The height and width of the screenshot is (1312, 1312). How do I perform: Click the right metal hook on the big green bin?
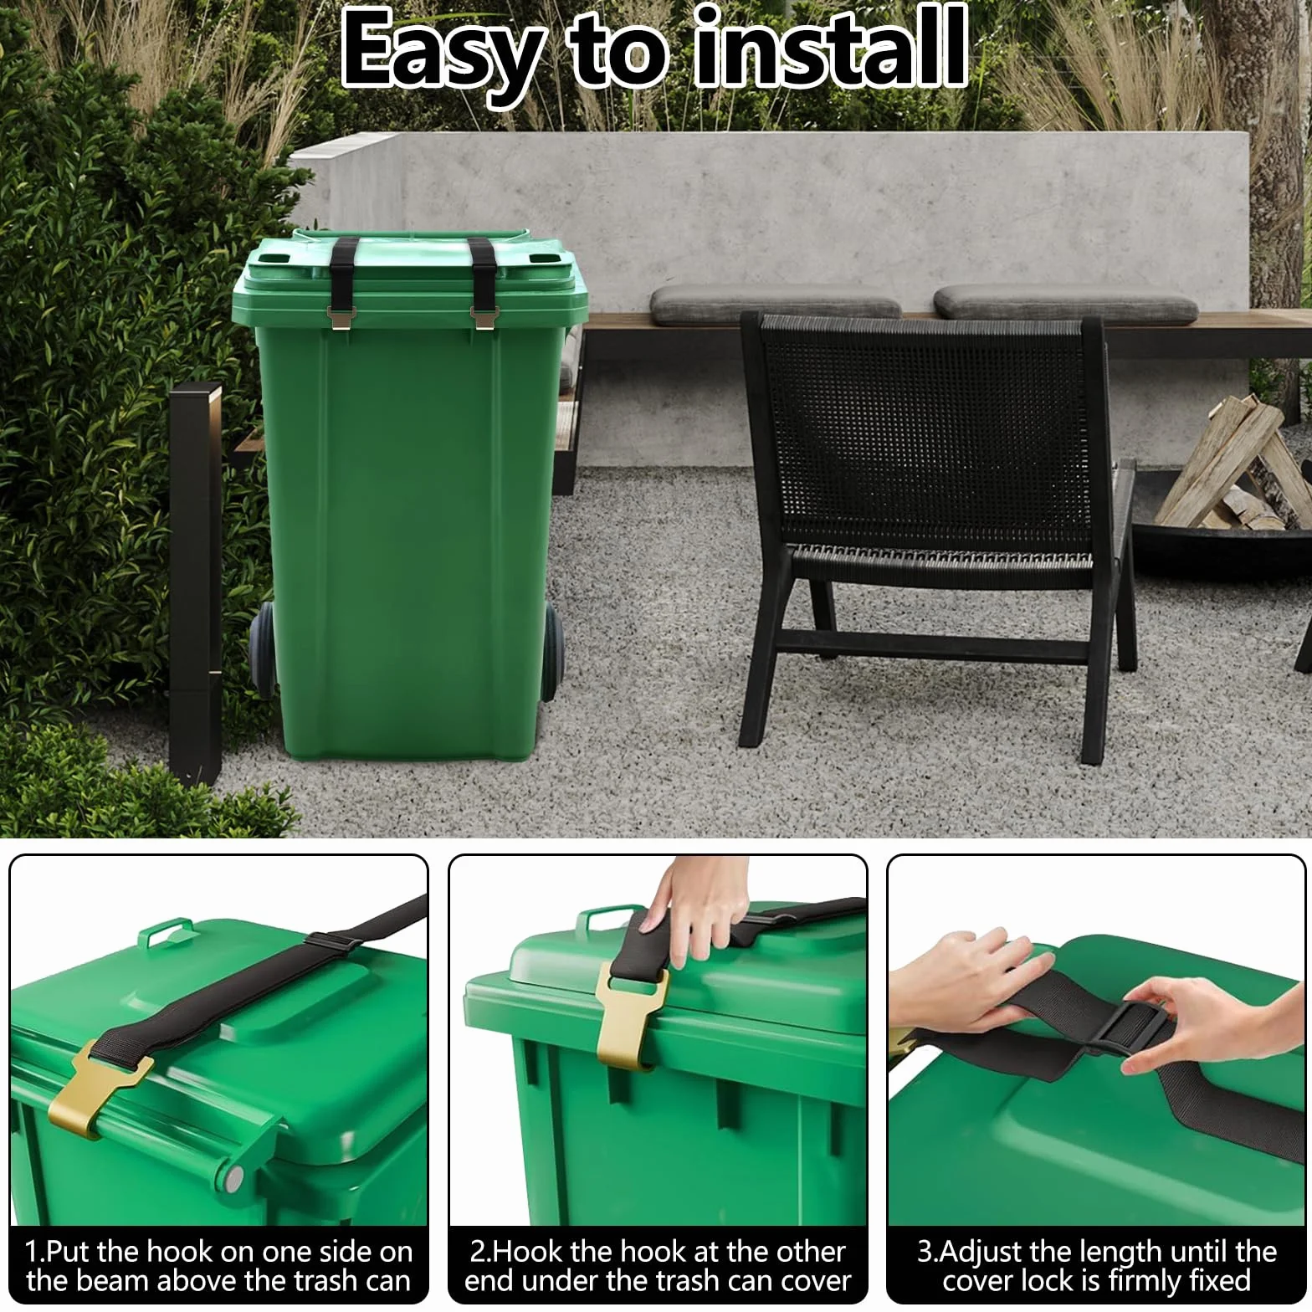tap(484, 316)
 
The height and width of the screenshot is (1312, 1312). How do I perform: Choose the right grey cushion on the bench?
tap(1065, 301)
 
